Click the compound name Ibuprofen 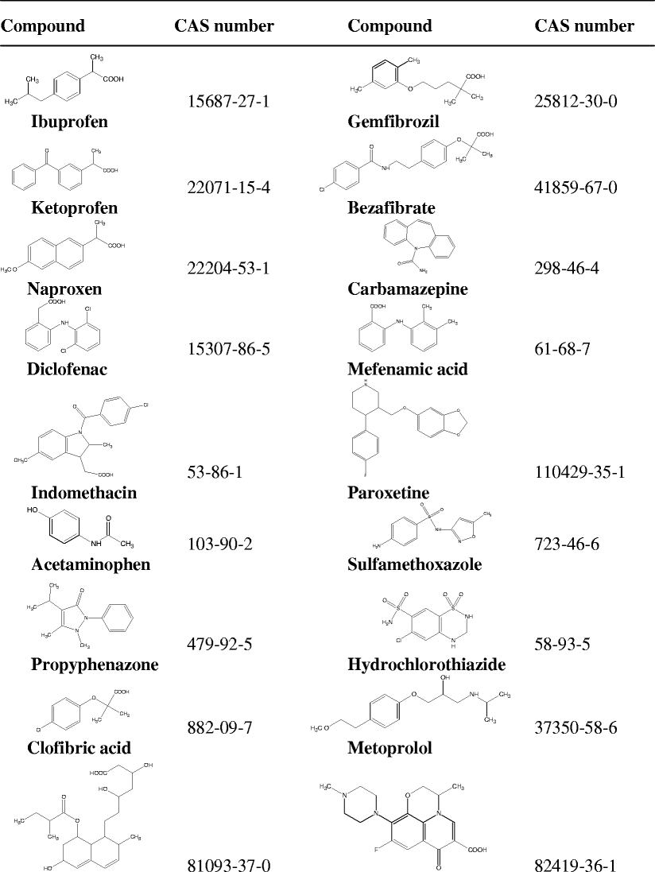click(x=69, y=122)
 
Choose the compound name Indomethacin click(x=83, y=493)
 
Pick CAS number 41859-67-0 click(x=571, y=188)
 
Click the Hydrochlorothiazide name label click(x=427, y=664)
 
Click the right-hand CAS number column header click(x=584, y=26)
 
